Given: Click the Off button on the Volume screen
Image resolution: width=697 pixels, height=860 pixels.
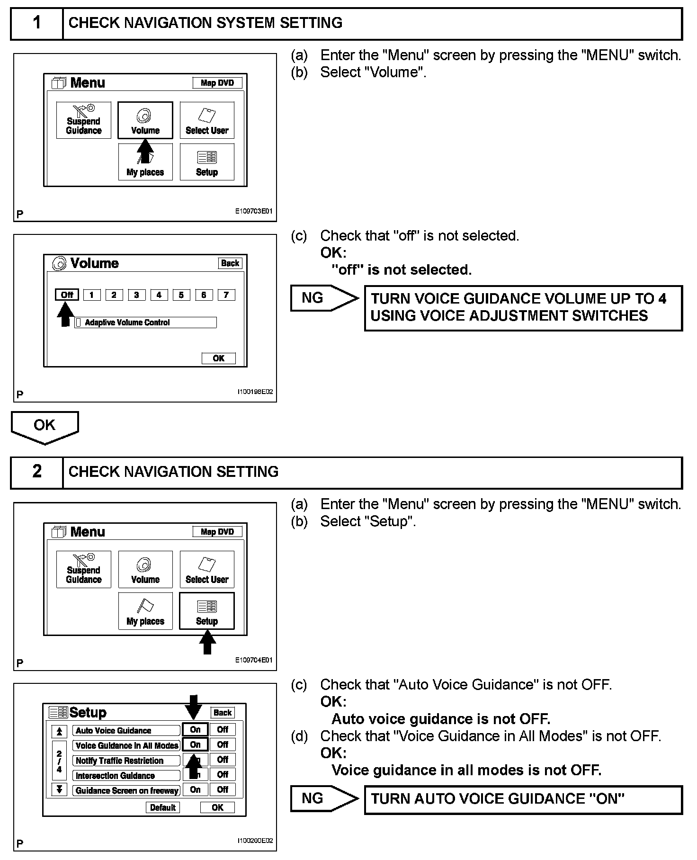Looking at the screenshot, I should point(67,295).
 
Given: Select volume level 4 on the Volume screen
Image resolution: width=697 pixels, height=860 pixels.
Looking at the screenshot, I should point(159,295).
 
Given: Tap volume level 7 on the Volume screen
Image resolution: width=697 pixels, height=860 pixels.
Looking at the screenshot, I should point(226,295).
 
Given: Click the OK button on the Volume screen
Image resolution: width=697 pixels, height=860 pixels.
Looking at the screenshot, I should point(218,358).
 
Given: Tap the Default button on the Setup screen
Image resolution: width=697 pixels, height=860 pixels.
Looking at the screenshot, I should point(163,807).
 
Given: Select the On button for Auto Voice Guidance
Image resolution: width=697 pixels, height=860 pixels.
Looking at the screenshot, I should point(195,730).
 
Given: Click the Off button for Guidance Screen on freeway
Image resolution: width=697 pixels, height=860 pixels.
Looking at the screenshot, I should point(223,789).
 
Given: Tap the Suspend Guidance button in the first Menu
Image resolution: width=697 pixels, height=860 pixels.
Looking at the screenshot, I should point(84,120).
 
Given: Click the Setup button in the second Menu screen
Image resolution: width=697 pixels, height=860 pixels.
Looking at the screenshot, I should point(207,611).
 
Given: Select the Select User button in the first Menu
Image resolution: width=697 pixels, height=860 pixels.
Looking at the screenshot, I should point(207,120).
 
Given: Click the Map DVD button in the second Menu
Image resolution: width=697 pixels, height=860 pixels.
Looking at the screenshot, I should point(217,532).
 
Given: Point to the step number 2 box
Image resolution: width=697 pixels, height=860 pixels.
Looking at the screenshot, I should point(37,472).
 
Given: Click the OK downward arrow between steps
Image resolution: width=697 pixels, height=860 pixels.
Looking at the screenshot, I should point(45,427).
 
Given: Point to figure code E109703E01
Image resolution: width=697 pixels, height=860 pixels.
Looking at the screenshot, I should point(254,212).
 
